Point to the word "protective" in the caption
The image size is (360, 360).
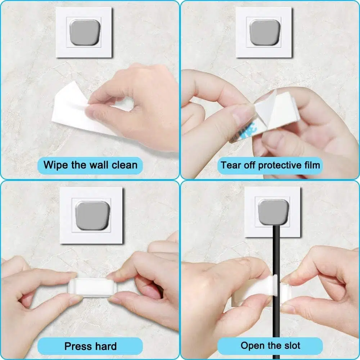point(276,166)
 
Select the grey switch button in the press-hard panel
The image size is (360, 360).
point(93,215)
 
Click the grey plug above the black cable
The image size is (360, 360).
point(273,212)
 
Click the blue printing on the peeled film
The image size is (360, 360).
point(243,132)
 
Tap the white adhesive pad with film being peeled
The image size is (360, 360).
point(276,110)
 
